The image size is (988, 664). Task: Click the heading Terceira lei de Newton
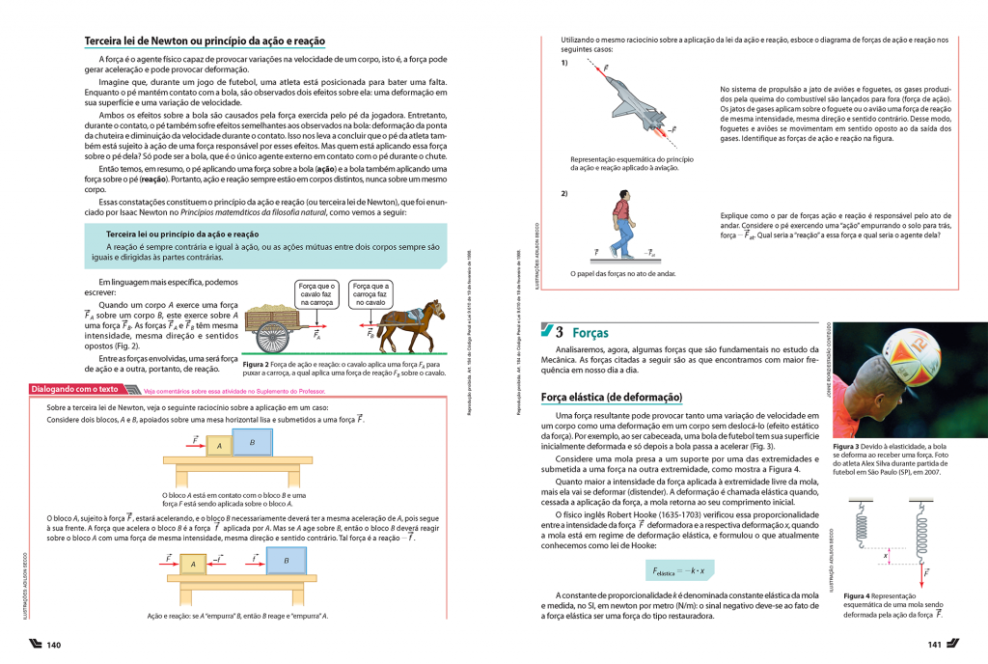[205, 41]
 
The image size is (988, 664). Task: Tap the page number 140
[53, 645]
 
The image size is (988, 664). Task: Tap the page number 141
[934, 645]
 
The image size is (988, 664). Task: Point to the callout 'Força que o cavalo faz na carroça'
[316, 293]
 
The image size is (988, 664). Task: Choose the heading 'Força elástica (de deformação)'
[612, 397]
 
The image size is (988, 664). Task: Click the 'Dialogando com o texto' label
[75, 390]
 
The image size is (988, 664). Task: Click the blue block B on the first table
[252, 442]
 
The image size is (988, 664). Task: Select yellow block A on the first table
[218, 447]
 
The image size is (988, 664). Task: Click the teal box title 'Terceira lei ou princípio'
[182, 234]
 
